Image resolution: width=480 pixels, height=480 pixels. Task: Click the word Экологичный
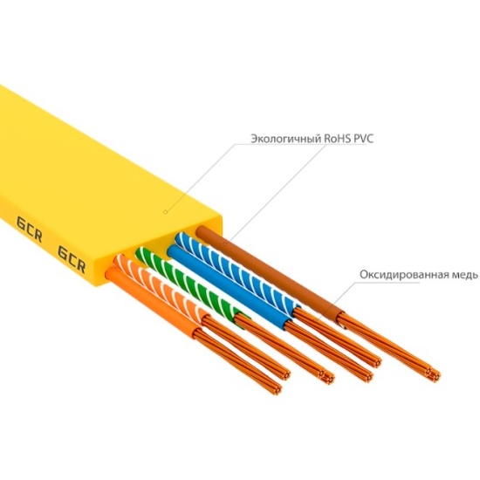coord(286,139)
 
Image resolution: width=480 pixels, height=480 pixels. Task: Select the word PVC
coord(363,139)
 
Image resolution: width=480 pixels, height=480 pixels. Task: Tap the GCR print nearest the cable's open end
coord(72,258)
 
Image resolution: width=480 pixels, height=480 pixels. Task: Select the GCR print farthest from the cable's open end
coord(29,229)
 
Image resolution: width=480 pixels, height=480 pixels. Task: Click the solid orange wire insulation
coord(153,303)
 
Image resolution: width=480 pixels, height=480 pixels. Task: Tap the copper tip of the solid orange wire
coord(277,388)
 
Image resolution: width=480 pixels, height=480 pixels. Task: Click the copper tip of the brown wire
coord(435,374)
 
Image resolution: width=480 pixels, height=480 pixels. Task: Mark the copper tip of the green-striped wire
coord(328,377)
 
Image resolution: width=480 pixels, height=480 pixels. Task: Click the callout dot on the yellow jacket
coord(165,211)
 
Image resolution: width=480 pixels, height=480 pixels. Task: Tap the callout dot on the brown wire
coord(225,244)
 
